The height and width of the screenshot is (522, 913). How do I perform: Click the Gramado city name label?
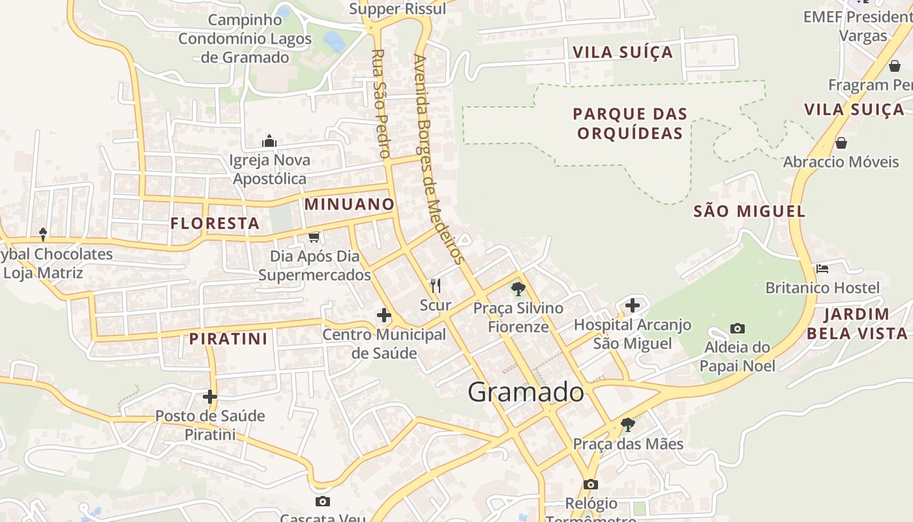526,392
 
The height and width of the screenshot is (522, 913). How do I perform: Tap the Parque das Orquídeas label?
630,123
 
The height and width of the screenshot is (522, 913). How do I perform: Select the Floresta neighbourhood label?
215,224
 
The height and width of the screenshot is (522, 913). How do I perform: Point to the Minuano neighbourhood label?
350,204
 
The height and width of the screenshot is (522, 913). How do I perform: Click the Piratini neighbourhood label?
228,339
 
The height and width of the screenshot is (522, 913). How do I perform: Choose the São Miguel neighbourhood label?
749,211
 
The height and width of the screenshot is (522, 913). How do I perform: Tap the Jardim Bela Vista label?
857,324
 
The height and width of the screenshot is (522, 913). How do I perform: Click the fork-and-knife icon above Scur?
436,286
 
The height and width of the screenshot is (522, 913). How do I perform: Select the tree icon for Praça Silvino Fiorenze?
518,289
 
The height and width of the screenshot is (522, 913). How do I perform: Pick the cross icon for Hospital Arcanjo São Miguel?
632,305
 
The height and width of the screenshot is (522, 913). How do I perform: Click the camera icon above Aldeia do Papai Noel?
738,328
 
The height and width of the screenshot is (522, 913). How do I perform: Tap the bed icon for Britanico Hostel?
822,269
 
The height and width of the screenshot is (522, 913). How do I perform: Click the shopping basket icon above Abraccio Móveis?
841,143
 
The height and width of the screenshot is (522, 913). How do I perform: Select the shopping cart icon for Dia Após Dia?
314,237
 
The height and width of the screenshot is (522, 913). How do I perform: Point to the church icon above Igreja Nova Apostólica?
269,141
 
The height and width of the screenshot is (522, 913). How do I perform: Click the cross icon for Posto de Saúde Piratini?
210,396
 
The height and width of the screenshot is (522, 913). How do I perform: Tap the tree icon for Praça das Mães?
627,425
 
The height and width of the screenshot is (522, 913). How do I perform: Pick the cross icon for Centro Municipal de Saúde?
384,316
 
